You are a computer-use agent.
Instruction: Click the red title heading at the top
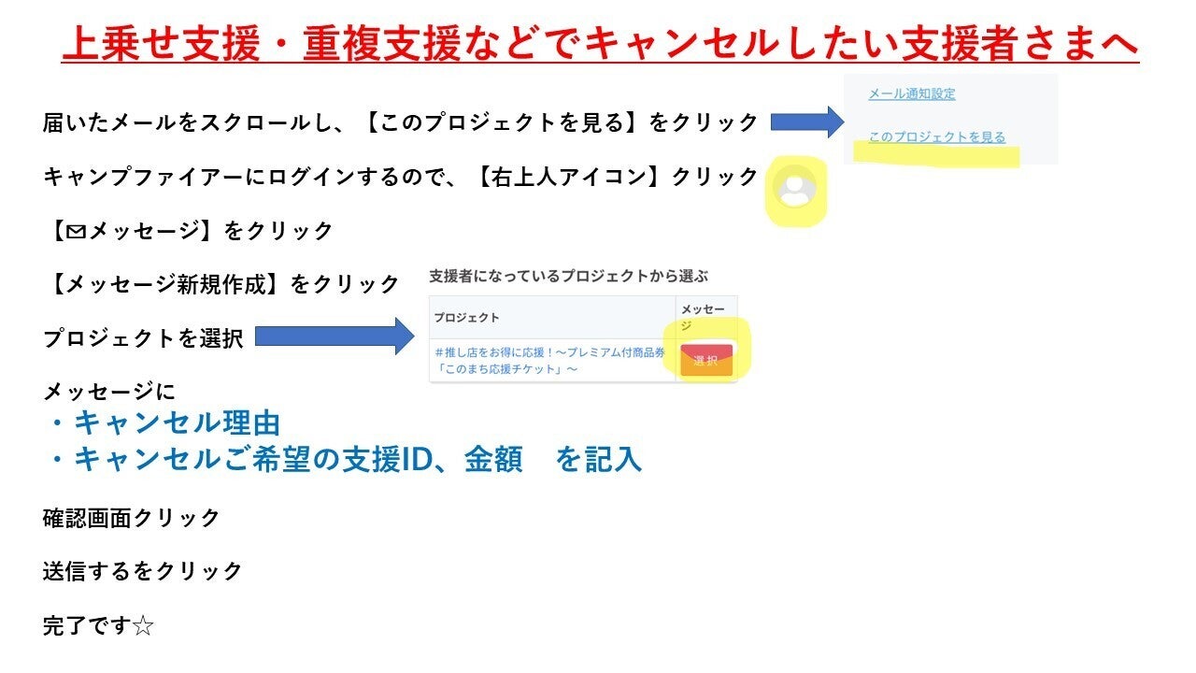pyautogui.click(x=600, y=44)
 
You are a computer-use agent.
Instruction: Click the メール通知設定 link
pyautogui.click(x=912, y=94)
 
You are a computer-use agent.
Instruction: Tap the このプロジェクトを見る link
pyautogui.click(x=937, y=137)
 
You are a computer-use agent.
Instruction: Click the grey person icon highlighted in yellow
pyautogui.click(x=795, y=186)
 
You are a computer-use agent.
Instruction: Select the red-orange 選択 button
pyautogui.click(x=705, y=361)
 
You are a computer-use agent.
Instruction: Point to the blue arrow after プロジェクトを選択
pyautogui.click(x=335, y=336)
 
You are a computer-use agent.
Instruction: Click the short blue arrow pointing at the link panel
pyautogui.click(x=807, y=122)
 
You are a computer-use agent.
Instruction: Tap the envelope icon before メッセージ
pyautogui.click(x=77, y=231)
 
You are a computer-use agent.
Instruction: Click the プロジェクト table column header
pyautogui.click(x=466, y=318)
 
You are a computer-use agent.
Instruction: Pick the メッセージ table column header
pyautogui.click(x=703, y=317)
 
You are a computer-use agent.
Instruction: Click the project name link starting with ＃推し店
pyautogui.click(x=550, y=361)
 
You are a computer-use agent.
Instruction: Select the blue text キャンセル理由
pyautogui.click(x=177, y=423)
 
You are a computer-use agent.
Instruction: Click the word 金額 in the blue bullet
pyautogui.click(x=493, y=459)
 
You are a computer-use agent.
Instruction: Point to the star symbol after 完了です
pyautogui.click(x=143, y=626)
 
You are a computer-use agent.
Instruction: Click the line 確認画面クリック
pyautogui.click(x=131, y=518)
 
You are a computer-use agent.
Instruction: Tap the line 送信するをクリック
pyautogui.click(x=143, y=571)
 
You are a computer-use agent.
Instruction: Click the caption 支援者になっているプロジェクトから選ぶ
pyautogui.click(x=569, y=276)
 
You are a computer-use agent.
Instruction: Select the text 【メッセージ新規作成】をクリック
pyautogui.click(x=221, y=283)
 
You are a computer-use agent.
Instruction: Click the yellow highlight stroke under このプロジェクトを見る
pyautogui.click(x=936, y=155)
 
